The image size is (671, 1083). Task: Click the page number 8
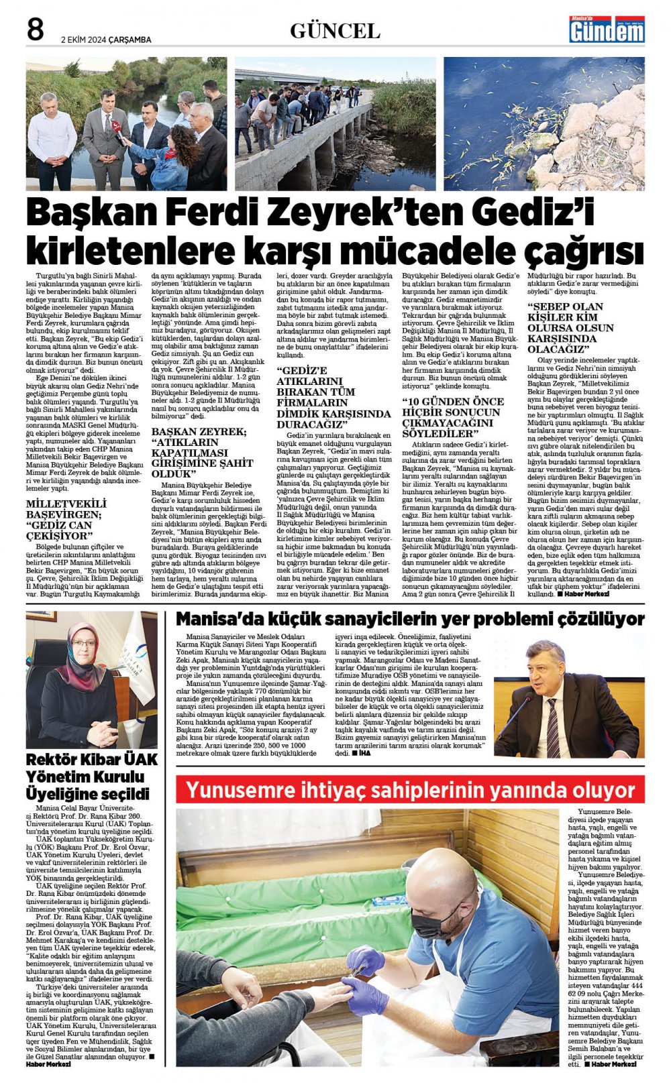coord(35,30)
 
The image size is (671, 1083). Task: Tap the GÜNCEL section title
coord(335,31)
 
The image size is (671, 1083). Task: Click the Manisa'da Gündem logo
coord(607,30)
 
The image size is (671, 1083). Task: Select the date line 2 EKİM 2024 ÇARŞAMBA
coord(106,40)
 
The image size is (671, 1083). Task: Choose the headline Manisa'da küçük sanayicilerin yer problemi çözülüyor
coord(409,619)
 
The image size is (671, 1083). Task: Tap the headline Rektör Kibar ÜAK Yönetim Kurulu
coord(92,777)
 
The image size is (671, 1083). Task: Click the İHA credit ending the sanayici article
coord(364,753)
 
